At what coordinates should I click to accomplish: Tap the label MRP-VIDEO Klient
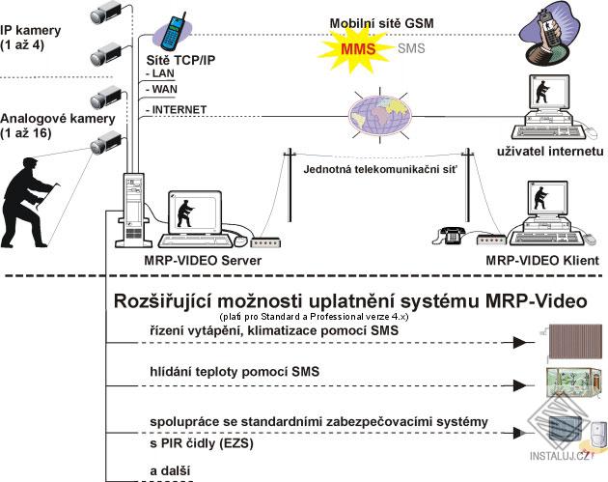click(x=537, y=260)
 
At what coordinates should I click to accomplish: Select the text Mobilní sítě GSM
click(x=381, y=22)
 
